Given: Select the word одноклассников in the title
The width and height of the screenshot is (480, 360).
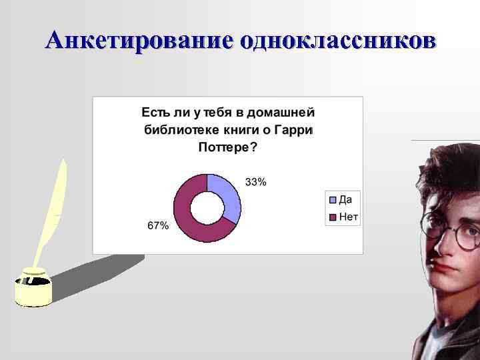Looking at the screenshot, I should [x=338, y=40].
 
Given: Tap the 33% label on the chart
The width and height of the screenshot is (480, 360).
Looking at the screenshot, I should [x=256, y=183].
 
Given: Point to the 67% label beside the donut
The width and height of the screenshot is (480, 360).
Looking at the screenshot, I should [x=158, y=226].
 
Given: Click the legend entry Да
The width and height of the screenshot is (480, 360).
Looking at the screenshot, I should [x=345, y=199].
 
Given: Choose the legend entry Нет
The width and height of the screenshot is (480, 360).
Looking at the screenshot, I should [x=348, y=217].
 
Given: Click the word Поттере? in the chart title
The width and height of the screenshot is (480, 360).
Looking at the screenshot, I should [x=227, y=147].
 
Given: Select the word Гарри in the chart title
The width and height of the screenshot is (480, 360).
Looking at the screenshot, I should [x=297, y=129].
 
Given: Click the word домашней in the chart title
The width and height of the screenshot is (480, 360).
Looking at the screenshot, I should [x=285, y=111].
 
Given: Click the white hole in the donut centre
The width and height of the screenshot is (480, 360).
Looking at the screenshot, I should [x=207, y=209].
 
